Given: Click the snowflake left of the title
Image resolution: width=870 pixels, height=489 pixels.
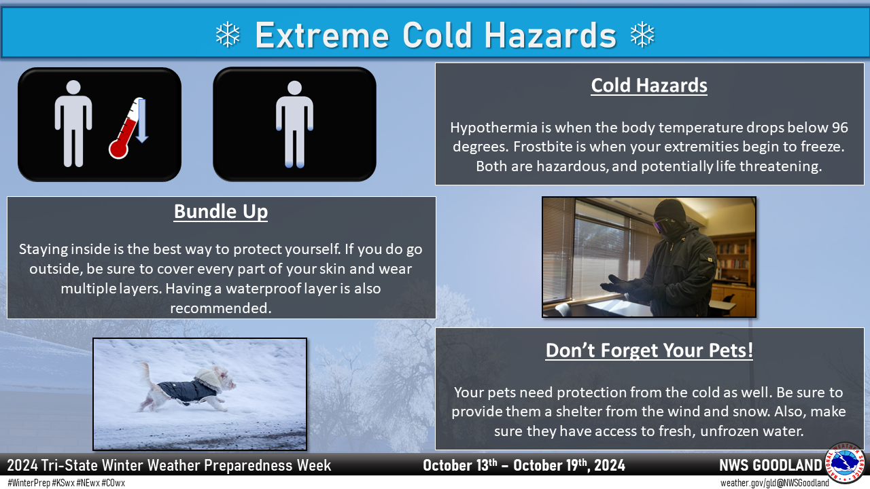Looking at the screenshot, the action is (228, 35).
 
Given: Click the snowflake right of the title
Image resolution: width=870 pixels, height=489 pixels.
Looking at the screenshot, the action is (642, 35).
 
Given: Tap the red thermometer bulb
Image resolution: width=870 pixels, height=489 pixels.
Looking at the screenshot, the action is (118, 149).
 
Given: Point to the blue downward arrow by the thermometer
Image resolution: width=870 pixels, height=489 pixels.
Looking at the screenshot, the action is (142, 121).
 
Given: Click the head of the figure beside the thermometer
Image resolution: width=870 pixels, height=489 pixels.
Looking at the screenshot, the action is (73, 88).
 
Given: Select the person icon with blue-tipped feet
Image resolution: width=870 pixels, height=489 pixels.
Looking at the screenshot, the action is (294, 124).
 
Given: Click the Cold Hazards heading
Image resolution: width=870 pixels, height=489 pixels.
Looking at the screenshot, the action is (649, 86).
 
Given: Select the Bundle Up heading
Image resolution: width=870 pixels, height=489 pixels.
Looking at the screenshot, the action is (221, 212).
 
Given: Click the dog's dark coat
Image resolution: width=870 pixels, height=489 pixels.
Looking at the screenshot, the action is (187, 391).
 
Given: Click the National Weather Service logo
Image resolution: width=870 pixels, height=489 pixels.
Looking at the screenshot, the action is (845, 463).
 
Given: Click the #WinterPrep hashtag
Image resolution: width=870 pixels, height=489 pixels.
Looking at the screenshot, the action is (29, 483).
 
